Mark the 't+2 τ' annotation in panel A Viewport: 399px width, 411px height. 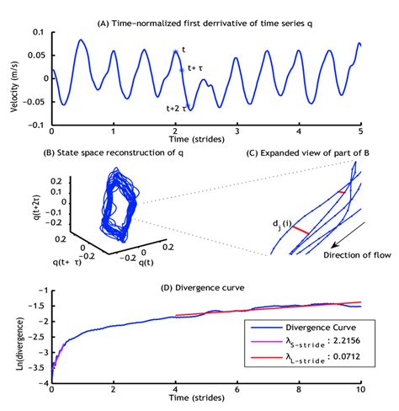coord(175,107)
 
